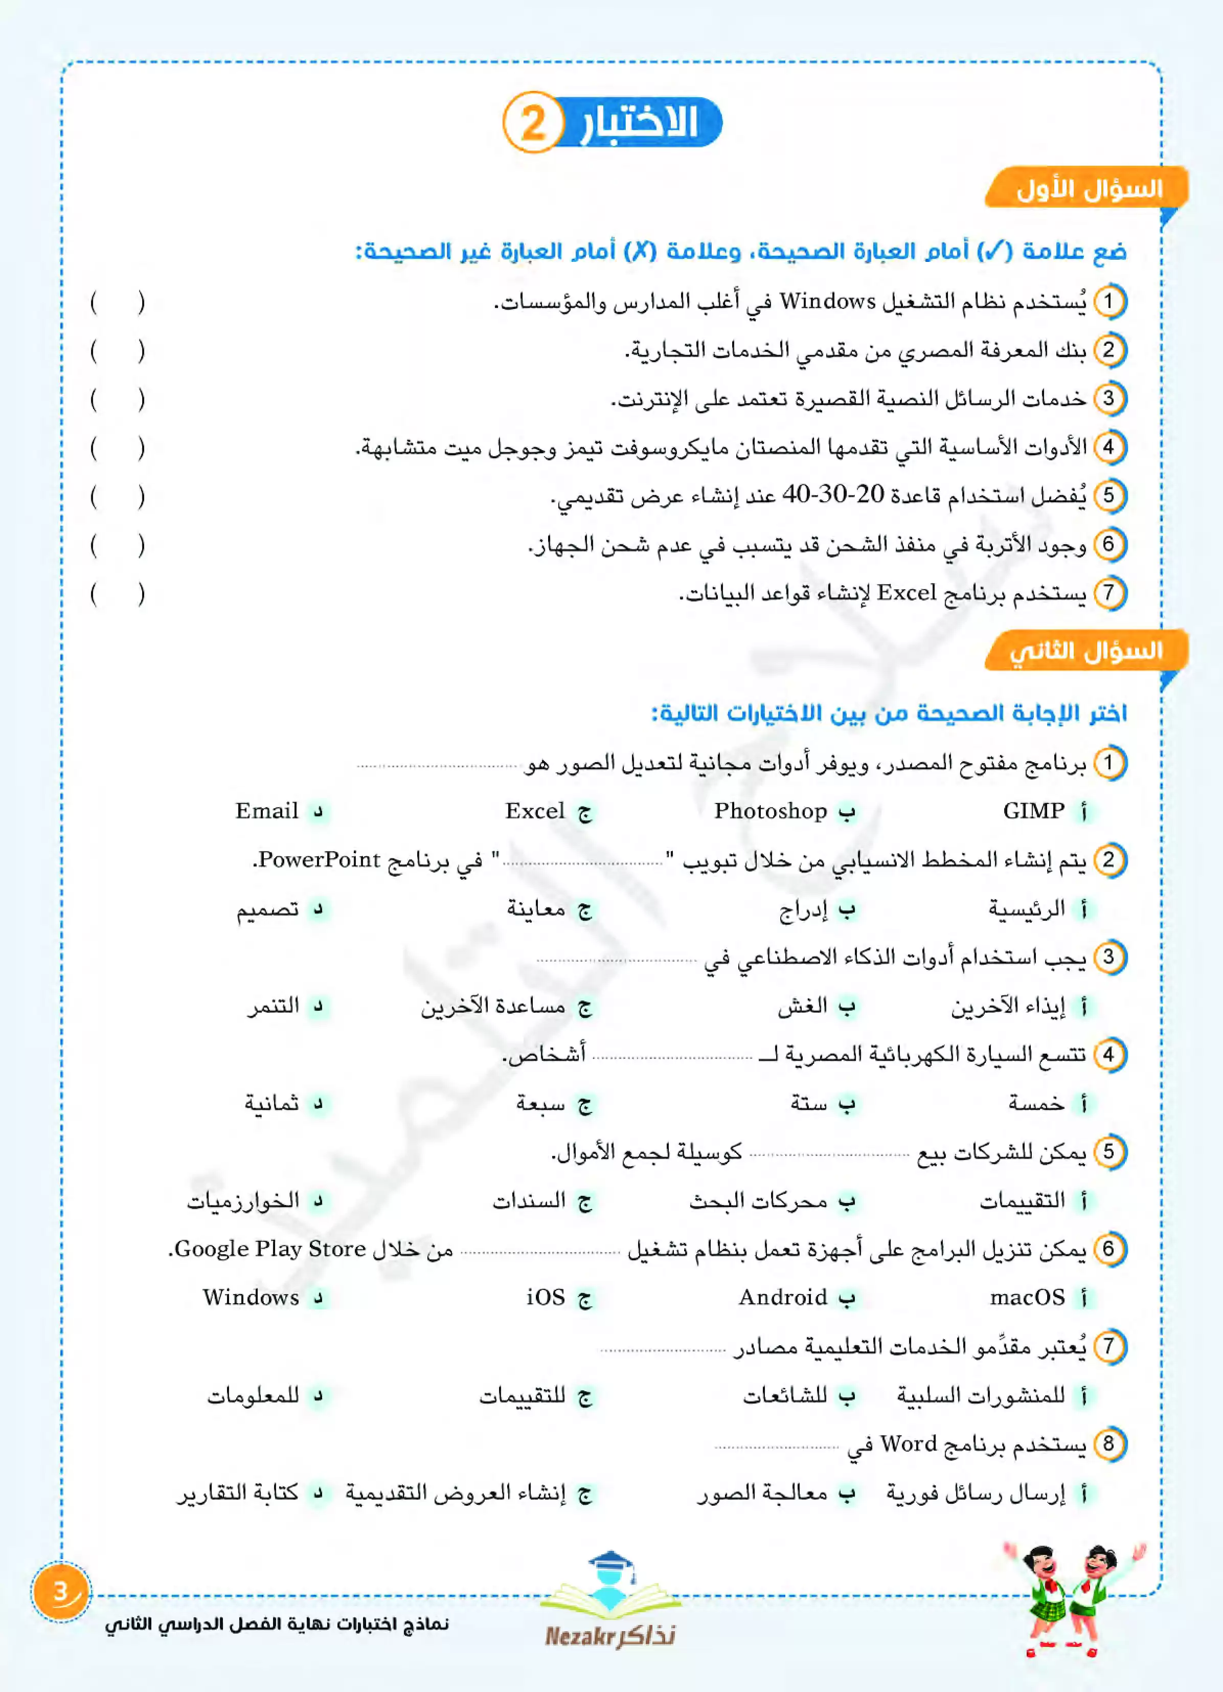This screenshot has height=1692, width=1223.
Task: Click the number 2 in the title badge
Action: (x=532, y=123)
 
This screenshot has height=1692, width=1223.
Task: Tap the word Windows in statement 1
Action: (x=827, y=301)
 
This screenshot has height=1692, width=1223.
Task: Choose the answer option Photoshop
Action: (x=771, y=811)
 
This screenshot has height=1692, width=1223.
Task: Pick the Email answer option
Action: (x=267, y=811)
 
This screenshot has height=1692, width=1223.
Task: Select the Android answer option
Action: (x=782, y=1297)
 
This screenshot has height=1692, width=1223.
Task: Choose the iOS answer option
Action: (x=545, y=1297)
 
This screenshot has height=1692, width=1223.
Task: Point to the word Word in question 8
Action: (x=908, y=1444)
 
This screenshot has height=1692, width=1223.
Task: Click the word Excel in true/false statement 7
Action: (x=906, y=593)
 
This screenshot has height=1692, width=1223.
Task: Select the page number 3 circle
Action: (x=60, y=1593)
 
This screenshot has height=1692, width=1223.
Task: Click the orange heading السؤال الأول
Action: (x=1088, y=189)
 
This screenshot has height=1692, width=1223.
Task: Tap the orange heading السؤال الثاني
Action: (x=1086, y=651)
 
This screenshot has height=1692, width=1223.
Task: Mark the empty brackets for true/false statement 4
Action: (x=117, y=448)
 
